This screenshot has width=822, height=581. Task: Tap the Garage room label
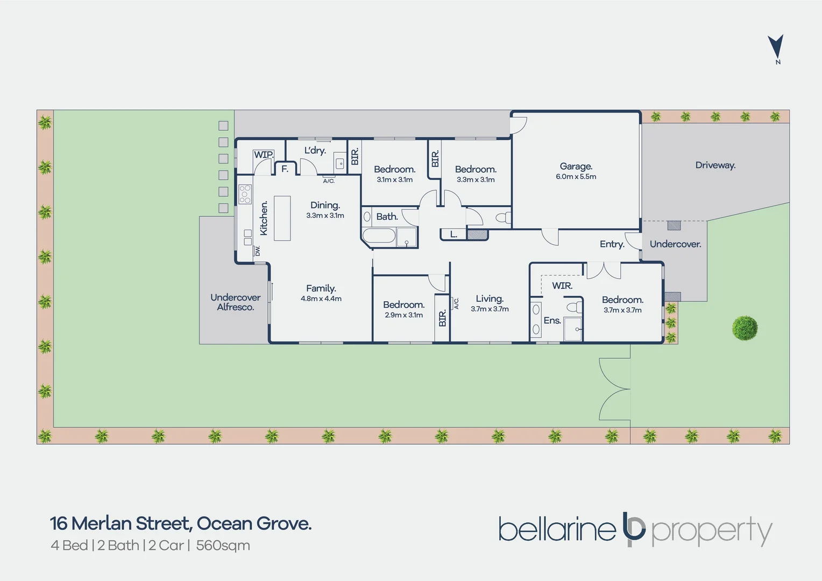(x=576, y=166)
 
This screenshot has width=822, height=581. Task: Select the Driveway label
(x=715, y=165)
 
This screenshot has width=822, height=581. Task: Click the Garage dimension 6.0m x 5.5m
(x=576, y=176)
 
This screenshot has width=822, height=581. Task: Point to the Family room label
(x=321, y=288)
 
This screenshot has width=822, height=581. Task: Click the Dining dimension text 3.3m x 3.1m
(x=325, y=215)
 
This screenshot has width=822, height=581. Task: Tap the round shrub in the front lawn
(x=745, y=328)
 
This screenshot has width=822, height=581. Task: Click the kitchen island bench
(x=282, y=218)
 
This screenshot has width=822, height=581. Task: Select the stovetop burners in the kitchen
(x=245, y=194)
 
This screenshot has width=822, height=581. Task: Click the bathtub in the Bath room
(x=379, y=236)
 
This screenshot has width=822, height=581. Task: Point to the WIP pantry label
(x=264, y=154)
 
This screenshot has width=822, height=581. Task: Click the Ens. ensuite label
(x=552, y=321)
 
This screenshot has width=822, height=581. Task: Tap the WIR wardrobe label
(x=562, y=286)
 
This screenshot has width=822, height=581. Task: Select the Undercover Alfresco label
(x=235, y=302)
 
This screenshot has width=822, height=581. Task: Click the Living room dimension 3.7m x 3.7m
(x=490, y=309)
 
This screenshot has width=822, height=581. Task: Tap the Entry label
(x=612, y=244)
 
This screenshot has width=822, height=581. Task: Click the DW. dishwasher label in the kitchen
(x=258, y=251)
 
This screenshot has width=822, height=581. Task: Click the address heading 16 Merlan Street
(x=121, y=524)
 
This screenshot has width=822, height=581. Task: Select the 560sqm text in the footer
(x=223, y=545)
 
